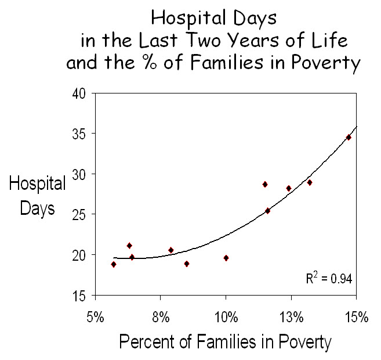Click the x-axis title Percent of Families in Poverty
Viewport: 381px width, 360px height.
(225, 342)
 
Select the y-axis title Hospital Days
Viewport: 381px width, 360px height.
(38, 196)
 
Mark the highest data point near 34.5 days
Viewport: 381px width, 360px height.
(349, 137)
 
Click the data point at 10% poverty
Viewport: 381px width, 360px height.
(226, 258)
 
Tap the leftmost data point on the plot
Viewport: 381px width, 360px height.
(114, 264)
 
